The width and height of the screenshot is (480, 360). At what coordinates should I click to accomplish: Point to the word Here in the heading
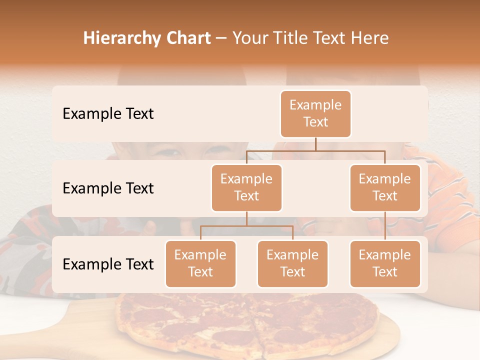pos(370,38)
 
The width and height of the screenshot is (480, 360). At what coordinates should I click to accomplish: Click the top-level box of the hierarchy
pos(315,114)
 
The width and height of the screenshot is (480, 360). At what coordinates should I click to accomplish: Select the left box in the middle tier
pos(246,188)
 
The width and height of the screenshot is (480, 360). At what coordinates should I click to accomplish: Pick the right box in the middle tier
pos(385,188)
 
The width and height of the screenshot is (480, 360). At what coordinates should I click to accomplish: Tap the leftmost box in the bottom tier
pos(200,264)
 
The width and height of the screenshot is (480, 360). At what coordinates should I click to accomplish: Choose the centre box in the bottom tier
pos(292,264)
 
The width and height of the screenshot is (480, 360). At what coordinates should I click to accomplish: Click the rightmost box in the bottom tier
pos(385,264)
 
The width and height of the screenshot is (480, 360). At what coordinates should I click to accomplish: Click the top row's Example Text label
pos(108,114)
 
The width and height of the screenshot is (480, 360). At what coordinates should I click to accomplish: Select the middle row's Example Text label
pos(108,188)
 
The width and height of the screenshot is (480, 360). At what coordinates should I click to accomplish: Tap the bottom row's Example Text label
pos(108,264)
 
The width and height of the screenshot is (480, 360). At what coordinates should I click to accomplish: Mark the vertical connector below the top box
pos(315,144)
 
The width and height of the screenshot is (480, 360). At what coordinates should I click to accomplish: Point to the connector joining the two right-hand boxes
pos(385,226)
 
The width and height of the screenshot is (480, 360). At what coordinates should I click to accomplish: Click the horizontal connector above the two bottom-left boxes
pos(246,226)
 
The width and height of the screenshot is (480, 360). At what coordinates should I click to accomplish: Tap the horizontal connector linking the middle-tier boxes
pos(315,150)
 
